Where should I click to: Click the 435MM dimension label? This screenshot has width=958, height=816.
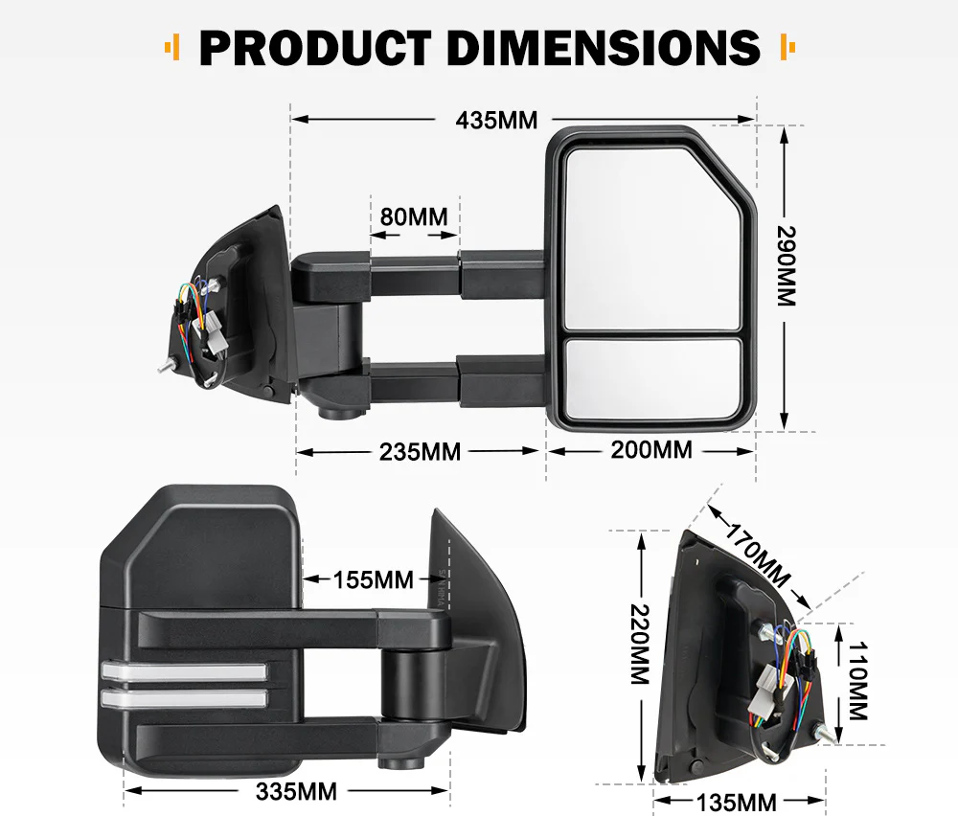496,121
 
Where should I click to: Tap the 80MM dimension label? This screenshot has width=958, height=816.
414,216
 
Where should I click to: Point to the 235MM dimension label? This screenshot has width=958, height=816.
420,451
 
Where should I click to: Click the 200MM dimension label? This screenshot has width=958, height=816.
651,448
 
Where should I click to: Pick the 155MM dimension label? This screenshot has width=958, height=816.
374,579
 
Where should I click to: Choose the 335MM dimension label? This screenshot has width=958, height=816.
297,791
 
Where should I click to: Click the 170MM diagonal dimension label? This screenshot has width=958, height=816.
758,556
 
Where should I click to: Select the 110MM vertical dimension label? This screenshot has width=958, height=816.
856,681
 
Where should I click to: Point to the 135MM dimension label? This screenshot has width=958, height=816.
737,802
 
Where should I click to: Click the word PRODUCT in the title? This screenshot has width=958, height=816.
316,47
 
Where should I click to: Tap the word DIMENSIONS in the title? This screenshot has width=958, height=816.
604,47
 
